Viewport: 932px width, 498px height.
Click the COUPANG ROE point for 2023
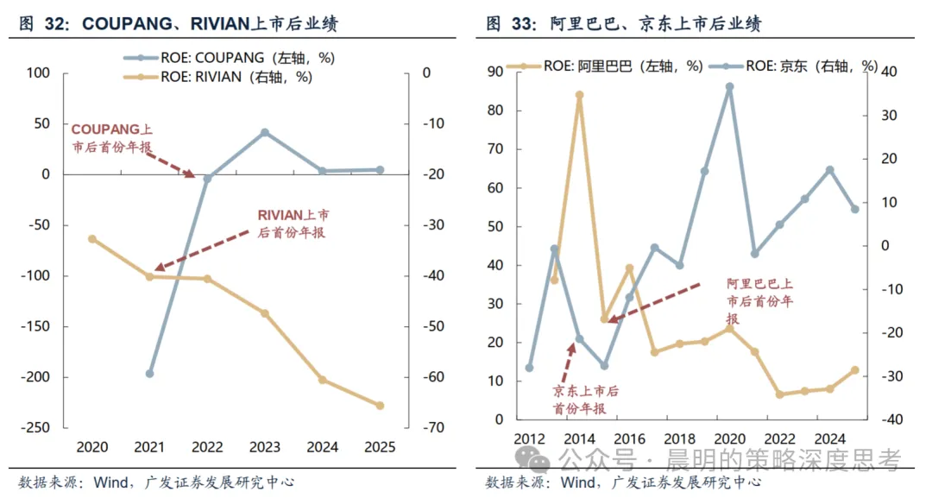pyautogui.click(x=265, y=133)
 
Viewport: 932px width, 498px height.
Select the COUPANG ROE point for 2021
pyautogui.click(x=150, y=374)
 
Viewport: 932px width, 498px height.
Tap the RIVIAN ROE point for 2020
pyautogui.click(x=92, y=239)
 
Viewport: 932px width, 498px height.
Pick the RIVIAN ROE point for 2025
pyautogui.click(x=381, y=406)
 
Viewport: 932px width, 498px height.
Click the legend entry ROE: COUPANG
pyautogui.click(x=230, y=58)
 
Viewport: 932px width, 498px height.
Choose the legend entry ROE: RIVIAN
pyautogui.click(x=218, y=77)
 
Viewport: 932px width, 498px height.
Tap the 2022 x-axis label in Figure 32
pyautogui.click(x=207, y=447)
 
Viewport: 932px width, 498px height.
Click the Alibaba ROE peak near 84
pyautogui.click(x=580, y=95)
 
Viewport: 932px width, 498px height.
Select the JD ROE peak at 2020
pyautogui.click(x=730, y=87)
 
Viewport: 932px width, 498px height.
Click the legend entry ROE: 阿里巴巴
pyautogui.click(x=604, y=66)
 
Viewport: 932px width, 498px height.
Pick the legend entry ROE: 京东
pyautogui.click(x=793, y=66)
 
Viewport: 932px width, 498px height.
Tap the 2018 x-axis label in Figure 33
pyautogui.click(x=679, y=439)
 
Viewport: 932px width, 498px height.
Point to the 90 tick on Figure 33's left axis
pyautogui.click(x=495, y=72)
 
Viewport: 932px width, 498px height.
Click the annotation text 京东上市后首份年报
pyautogui.click(x=585, y=400)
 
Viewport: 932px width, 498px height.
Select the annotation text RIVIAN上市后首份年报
pyautogui.click(x=293, y=224)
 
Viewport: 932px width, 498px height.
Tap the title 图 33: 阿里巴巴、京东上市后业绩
pyautogui.click(x=624, y=24)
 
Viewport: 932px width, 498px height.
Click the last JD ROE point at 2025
pyautogui.click(x=855, y=209)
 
